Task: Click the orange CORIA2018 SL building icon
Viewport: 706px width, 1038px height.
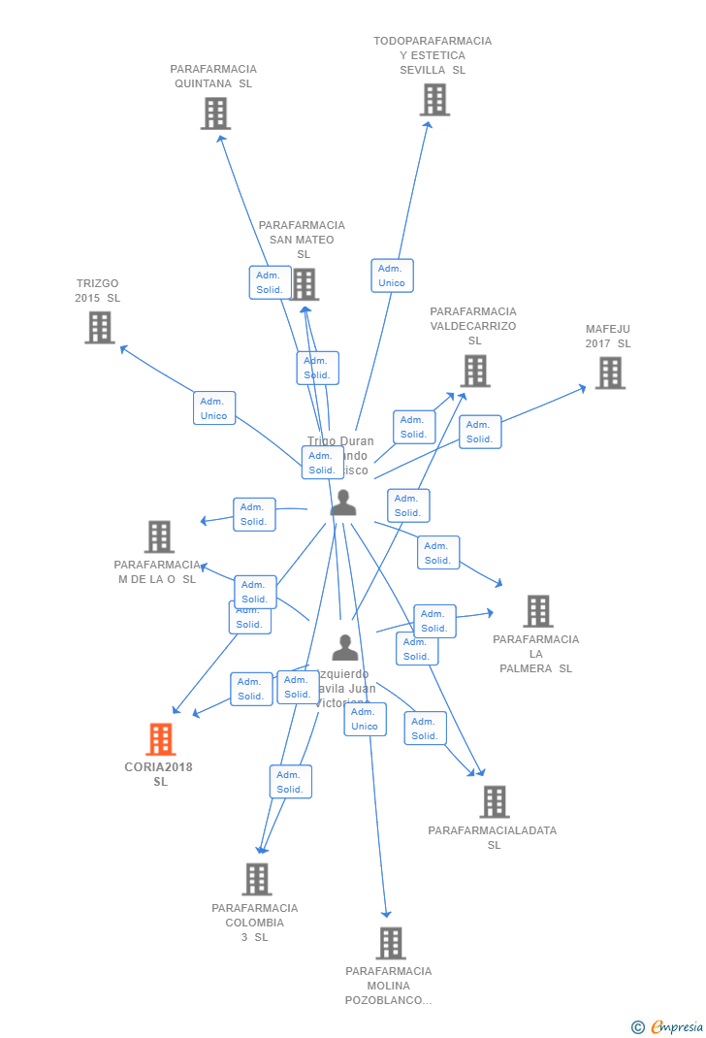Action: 160,739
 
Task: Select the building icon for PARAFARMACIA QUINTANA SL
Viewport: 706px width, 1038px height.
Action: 215,114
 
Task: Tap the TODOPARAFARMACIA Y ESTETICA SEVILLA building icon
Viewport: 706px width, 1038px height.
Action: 434,99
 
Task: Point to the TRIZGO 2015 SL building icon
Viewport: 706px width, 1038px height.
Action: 100,328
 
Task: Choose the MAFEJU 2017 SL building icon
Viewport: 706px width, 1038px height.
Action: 609,373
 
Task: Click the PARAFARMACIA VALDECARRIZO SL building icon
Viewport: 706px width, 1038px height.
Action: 474,371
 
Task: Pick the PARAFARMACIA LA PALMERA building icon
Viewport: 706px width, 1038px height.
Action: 537,611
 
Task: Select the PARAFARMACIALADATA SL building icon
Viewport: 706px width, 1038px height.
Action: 494,802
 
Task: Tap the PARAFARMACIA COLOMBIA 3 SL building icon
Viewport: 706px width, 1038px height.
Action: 256,879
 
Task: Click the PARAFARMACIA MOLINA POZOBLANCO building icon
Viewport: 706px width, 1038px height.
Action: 390,943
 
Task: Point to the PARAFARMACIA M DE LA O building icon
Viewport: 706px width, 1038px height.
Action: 159,536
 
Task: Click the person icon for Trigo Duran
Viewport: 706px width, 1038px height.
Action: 343,503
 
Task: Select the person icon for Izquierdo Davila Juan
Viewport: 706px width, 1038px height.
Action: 345,647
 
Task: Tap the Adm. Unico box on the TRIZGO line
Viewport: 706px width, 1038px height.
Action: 213,408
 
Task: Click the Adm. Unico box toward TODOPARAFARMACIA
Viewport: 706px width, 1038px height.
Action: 392,276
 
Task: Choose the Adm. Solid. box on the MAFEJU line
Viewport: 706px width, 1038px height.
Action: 479,432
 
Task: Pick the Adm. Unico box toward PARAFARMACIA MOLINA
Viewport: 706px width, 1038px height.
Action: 365,719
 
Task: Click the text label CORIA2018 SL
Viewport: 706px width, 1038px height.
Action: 159,774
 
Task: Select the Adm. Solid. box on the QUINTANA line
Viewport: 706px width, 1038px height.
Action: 270,282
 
